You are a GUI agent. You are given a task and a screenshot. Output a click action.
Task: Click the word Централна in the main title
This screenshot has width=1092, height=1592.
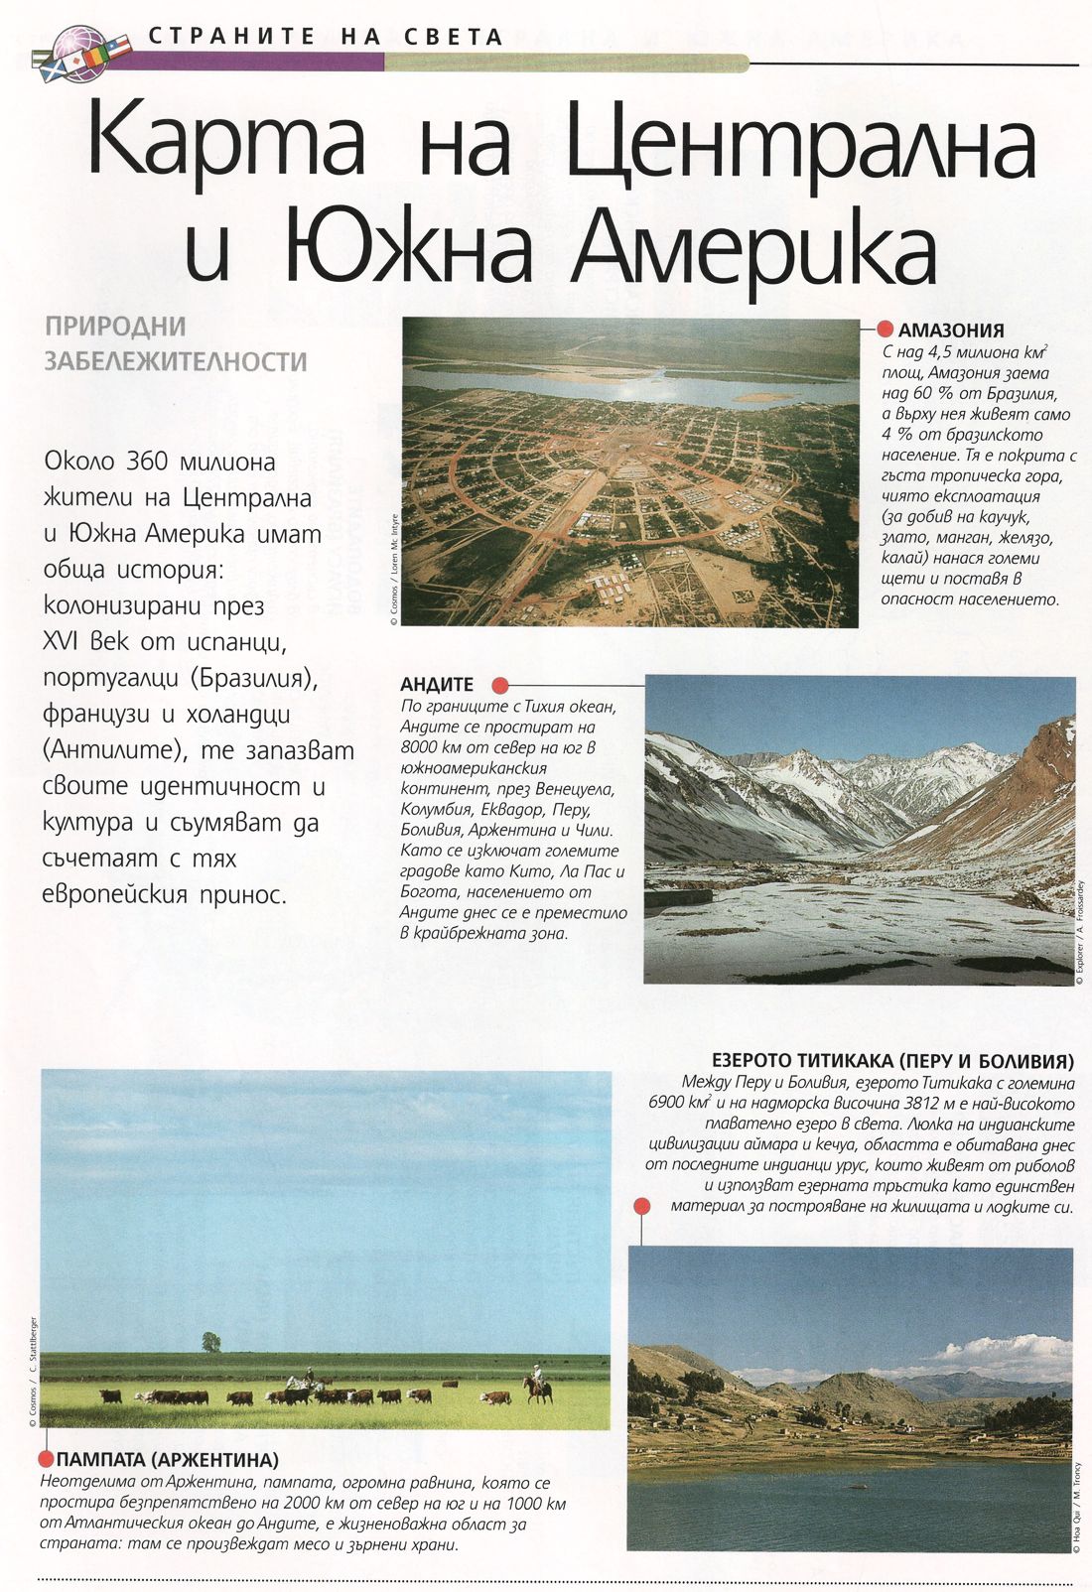[800, 148]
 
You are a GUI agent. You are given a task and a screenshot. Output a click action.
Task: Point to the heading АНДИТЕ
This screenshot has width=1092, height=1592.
[437, 685]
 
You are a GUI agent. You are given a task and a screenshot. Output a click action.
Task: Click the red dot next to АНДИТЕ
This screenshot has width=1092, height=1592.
[500, 685]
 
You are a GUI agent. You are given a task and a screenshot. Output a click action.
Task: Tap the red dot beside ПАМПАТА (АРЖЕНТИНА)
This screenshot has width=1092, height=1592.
[45, 1458]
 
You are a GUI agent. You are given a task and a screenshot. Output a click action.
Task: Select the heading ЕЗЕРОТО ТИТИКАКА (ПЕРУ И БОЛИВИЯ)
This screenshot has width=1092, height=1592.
[892, 1060]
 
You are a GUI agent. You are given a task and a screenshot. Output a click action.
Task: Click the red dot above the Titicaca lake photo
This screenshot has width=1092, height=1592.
[641, 1206]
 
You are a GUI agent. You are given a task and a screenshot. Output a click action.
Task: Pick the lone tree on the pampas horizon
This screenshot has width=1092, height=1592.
[210, 1342]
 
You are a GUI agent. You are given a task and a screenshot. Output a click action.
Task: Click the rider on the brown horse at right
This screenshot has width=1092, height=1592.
[538, 1382]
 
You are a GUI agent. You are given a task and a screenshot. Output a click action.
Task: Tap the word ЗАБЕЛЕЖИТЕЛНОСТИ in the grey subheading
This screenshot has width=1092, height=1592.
[176, 360]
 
